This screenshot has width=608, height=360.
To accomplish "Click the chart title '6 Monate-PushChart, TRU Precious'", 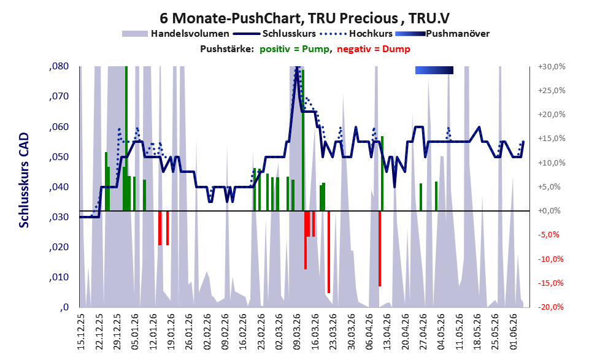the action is (x=279, y=18).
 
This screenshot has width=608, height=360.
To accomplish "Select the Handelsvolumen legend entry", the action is (x=175, y=34).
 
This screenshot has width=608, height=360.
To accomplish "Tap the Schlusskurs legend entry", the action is (x=274, y=34).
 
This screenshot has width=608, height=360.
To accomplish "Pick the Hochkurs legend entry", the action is (x=356, y=34).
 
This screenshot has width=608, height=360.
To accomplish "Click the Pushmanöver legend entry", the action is (x=442, y=34).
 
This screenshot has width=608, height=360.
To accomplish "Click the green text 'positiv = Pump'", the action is (x=295, y=49).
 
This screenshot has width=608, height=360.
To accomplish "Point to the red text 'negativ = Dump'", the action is (x=374, y=49).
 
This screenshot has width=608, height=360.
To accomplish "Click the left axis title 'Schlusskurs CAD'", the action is (x=24, y=180).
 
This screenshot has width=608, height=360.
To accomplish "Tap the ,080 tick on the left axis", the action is (x=59, y=66).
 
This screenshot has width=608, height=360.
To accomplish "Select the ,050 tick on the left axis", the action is (x=59, y=157).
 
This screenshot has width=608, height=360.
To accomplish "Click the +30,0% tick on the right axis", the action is (x=552, y=67).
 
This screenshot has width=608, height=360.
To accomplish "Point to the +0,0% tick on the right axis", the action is (x=549, y=211).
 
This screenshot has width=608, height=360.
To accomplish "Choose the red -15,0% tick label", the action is (x=550, y=283).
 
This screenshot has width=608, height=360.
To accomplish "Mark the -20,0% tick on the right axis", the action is (x=550, y=307).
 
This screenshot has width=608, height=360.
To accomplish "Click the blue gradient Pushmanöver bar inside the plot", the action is (x=434, y=70).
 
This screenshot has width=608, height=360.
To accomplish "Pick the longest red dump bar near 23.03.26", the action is (x=329, y=252).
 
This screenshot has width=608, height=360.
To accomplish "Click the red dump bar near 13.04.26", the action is (x=380, y=248).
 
